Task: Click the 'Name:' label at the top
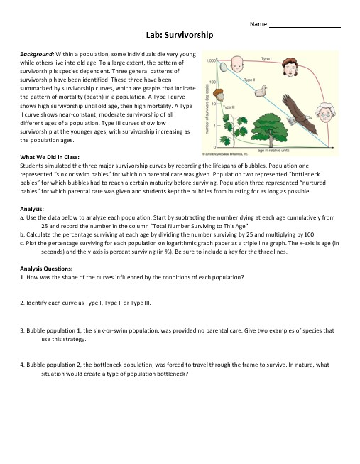point(259,25)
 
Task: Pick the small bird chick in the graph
point(261,90)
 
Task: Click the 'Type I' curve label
point(267,58)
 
